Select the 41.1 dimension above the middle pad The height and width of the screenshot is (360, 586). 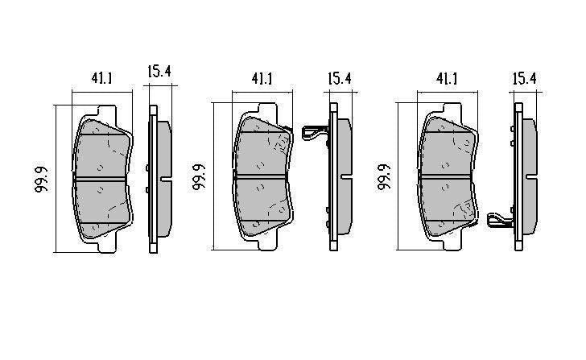[x=262, y=79]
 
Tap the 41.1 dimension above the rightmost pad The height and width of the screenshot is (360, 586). [x=446, y=79]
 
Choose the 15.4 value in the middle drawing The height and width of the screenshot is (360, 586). [x=340, y=79]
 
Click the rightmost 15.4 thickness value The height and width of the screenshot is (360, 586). [x=524, y=79]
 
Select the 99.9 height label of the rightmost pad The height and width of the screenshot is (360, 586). [x=384, y=176]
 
